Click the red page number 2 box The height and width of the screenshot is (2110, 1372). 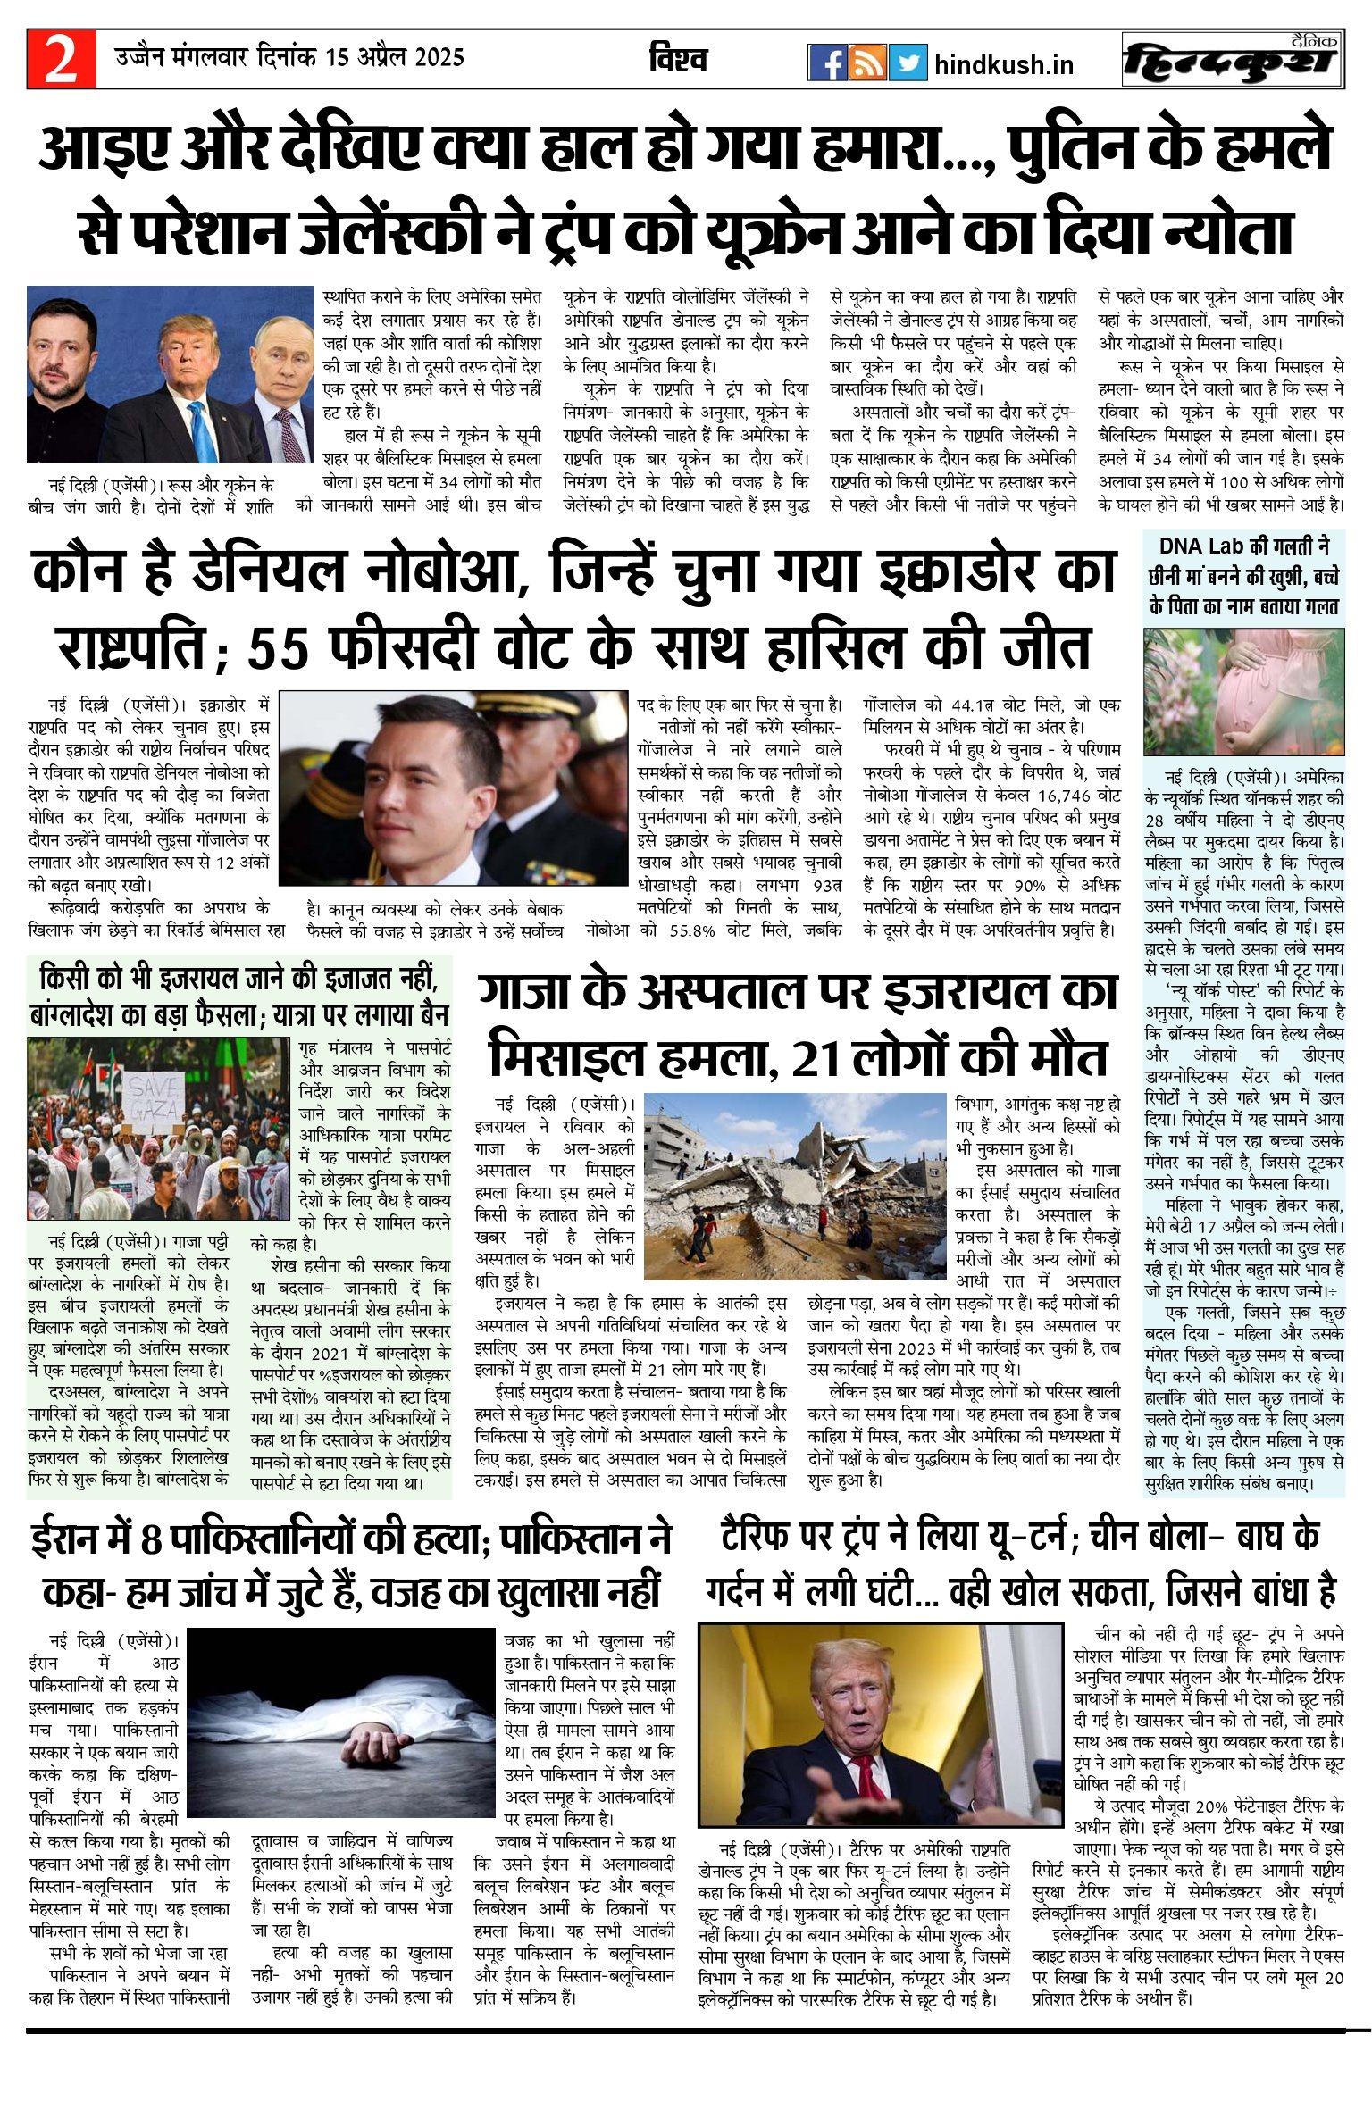(61, 59)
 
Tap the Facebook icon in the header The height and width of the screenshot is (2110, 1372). (827, 63)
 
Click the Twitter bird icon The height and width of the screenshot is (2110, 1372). (908, 63)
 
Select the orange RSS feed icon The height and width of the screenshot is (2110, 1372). (867, 63)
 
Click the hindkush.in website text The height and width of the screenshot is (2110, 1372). (1003, 65)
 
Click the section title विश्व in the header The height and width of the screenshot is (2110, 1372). (678, 59)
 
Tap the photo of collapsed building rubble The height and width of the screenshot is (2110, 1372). (794, 1185)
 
